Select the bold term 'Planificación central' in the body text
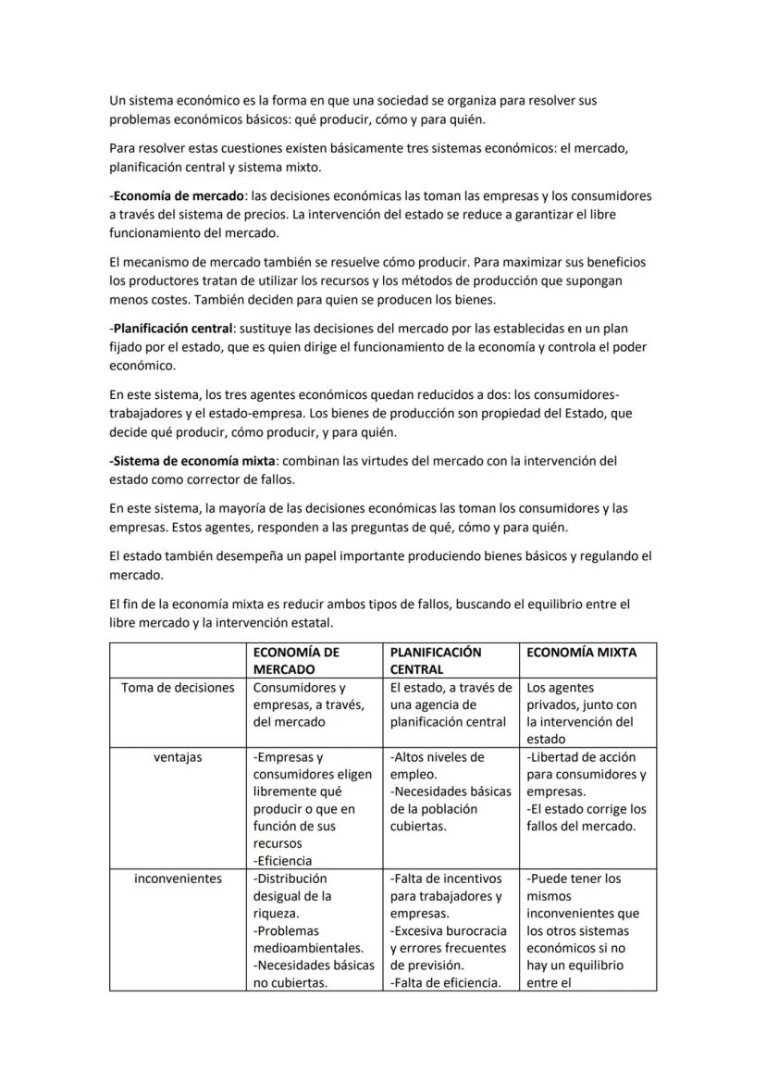pos(172,330)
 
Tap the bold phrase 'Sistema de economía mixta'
pos(187,460)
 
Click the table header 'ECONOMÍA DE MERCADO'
pos(296,660)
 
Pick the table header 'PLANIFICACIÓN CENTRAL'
pos(436,660)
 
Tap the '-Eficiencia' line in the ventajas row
pos(283,861)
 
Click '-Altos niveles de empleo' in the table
pos(437,766)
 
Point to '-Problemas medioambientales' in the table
pos(308,940)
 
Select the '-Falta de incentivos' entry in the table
pos(446,878)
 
